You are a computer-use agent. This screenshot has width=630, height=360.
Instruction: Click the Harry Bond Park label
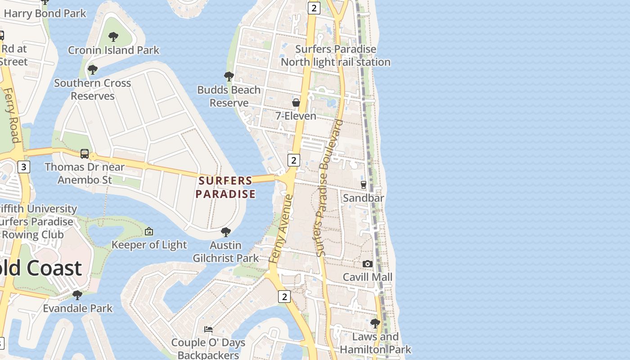click(45, 13)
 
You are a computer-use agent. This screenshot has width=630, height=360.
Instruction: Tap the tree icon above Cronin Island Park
click(113, 36)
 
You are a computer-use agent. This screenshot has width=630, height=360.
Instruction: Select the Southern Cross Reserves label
click(93, 89)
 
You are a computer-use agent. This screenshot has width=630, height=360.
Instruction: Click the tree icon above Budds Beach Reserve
click(229, 76)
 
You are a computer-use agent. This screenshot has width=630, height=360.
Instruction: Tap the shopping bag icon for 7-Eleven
click(296, 103)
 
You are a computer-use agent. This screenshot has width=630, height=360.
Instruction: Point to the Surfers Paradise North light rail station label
click(336, 55)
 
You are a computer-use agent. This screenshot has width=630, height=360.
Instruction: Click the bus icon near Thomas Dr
click(85, 154)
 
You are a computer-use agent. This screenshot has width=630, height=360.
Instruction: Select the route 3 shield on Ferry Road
click(23, 167)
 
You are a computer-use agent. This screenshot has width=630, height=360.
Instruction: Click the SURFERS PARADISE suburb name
click(225, 187)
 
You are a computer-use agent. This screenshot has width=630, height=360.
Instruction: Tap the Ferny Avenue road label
click(280, 229)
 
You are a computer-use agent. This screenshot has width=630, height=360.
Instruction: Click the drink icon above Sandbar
click(364, 184)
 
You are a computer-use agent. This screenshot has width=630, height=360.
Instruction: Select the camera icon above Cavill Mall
click(368, 264)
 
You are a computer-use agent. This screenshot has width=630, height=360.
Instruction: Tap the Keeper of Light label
click(149, 245)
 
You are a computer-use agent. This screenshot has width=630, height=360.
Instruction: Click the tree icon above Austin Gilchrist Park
click(226, 232)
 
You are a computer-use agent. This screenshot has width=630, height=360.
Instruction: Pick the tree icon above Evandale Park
click(77, 295)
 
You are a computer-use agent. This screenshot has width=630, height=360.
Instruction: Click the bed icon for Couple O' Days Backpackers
click(208, 329)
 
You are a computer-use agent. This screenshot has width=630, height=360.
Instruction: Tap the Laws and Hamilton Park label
click(375, 343)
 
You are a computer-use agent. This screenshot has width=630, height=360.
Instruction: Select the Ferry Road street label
click(13, 115)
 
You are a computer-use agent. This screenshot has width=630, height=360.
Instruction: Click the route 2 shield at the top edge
click(314, 8)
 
